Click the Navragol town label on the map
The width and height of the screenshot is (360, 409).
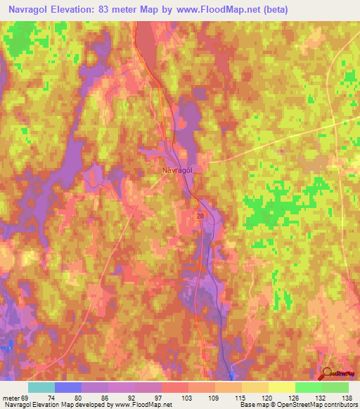pos(172,169)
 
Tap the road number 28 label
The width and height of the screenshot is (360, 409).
pos(200,216)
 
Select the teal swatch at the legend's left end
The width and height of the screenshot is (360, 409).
pos(41,387)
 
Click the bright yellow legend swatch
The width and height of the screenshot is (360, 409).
pos(281,387)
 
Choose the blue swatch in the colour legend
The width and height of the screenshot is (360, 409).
pos(68,387)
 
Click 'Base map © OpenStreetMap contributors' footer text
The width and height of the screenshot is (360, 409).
pos(296,405)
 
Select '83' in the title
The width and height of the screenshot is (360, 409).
pos(113,9)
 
